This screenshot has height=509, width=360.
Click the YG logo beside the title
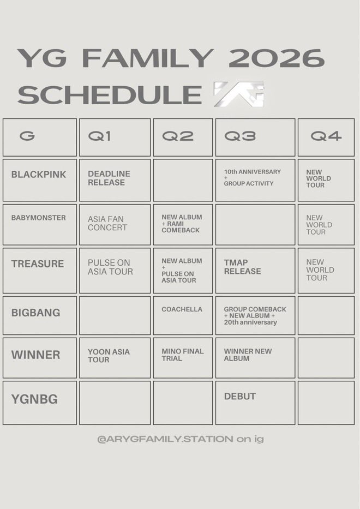pyautogui.click(x=238, y=93)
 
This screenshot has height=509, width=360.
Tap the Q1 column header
pyautogui.click(x=100, y=136)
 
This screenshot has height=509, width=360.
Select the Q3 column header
pyautogui.click(x=240, y=136)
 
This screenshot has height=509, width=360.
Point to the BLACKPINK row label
pyautogui.click(x=39, y=175)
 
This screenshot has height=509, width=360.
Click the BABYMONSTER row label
pyautogui.click(x=38, y=218)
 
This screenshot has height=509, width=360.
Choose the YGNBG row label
pyautogui.click(x=34, y=399)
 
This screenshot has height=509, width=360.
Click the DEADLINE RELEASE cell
pyautogui.click(x=109, y=178)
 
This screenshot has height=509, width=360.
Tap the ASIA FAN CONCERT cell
pyautogui.click(x=107, y=224)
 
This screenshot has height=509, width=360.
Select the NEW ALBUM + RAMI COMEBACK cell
pyautogui.click(x=182, y=224)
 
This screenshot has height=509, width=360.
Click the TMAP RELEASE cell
pyautogui.click(x=243, y=267)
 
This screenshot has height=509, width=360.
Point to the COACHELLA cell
pyautogui.click(x=182, y=309)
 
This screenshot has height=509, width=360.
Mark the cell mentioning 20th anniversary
pyautogui.click(x=255, y=315)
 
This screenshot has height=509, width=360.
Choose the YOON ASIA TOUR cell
pyautogui.click(x=109, y=356)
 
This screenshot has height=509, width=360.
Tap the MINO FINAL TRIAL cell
pyautogui.click(x=182, y=355)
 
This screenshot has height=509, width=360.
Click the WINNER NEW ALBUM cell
pyautogui.click(x=248, y=355)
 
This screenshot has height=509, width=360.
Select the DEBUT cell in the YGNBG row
pyautogui.click(x=240, y=397)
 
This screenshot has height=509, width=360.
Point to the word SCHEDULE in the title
pyautogui.click(x=110, y=94)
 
